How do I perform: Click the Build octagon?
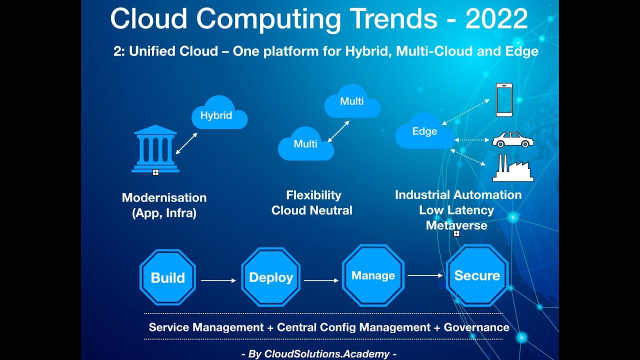[x=167, y=278]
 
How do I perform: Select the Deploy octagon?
[x=270, y=278]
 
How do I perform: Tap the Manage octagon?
[x=373, y=275]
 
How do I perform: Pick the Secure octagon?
[x=477, y=275]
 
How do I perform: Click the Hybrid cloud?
[x=218, y=114]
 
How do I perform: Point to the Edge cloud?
[x=424, y=131]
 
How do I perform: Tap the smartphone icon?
[x=504, y=100]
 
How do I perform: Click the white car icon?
[x=513, y=140]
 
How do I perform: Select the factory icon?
[x=512, y=168]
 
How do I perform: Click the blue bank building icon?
[x=155, y=148]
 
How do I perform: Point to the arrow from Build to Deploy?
[x=218, y=280]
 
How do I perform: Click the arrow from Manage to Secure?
[x=425, y=275]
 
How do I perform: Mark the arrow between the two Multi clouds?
[x=337, y=131]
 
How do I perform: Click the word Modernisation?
[x=164, y=197]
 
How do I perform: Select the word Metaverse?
[x=456, y=225]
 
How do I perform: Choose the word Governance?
[x=476, y=327]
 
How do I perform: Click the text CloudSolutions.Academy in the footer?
[x=326, y=354]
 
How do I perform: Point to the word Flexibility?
[x=313, y=195]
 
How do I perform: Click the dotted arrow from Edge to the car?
[x=472, y=140]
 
